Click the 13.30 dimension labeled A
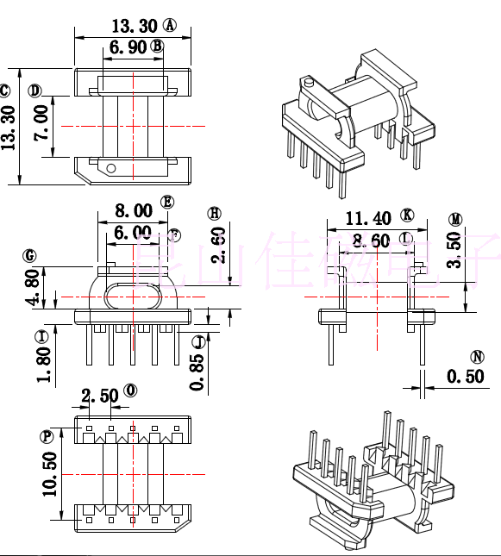135,26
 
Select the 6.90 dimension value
128,47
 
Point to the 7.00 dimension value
41,126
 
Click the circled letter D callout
34,91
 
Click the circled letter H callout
215,213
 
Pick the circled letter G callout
30,255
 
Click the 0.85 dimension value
197,372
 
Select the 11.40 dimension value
368,217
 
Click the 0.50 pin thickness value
465,377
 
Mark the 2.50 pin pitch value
100,396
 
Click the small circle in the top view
110,167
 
